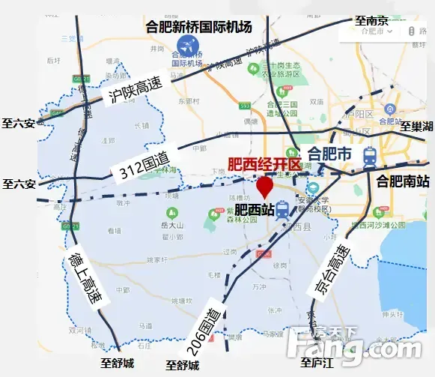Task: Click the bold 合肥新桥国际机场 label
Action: coord(199,27)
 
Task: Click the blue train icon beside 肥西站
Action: coord(282,211)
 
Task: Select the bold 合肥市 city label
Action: coord(329,154)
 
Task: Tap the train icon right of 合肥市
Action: coord(369,156)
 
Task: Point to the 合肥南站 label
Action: coord(403,181)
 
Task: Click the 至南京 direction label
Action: coord(371,21)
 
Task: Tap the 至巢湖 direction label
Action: coord(416,126)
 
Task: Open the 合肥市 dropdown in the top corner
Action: coord(376,31)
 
